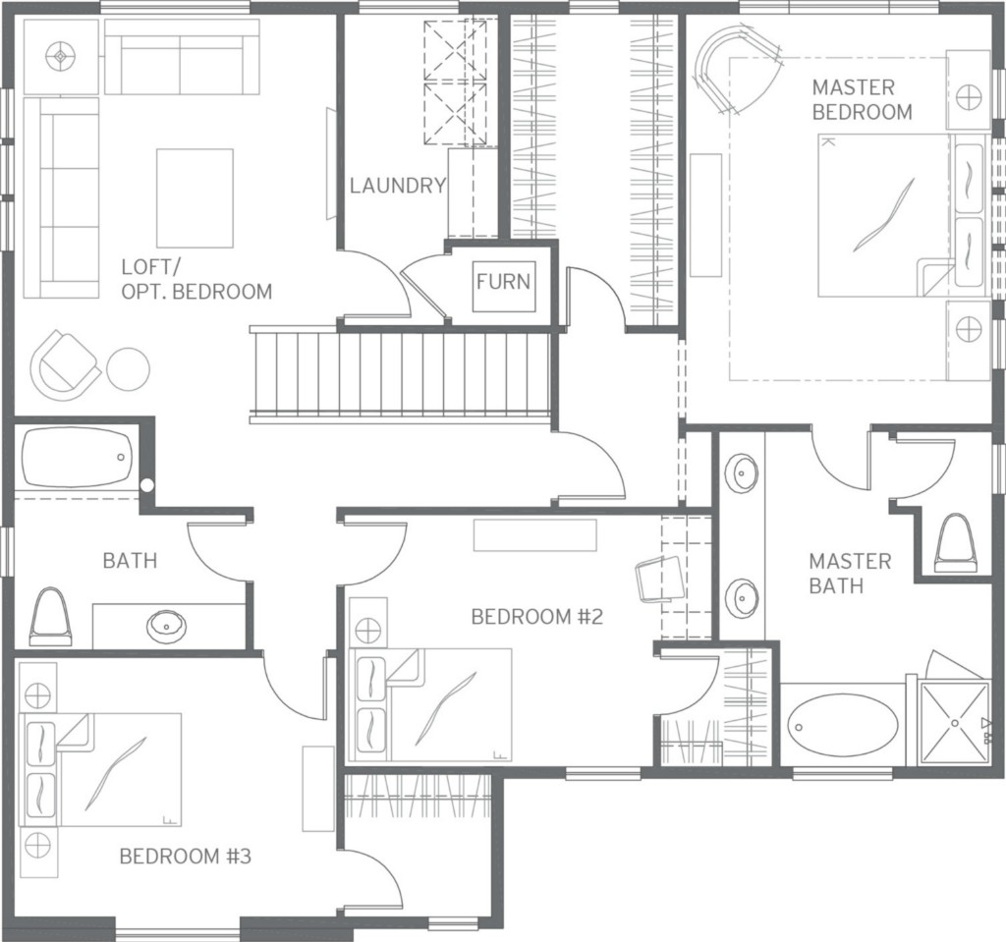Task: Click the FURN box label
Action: click(x=504, y=282)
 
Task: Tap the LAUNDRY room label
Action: click(x=398, y=186)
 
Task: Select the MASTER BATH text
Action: click(x=850, y=574)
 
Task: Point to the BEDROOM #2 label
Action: click(x=537, y=617)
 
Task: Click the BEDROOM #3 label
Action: click(x=186, y=856)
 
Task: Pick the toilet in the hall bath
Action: click(x=49, y=617)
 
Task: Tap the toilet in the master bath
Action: click(x=957, y=541)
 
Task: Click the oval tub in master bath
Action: click(x=843, y=728)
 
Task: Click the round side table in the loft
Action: click(x=128, y=369)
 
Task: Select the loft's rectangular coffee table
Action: click(x=196, y=197)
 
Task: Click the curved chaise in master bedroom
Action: click(x=738, y=70)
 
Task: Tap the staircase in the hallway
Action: click(x=402, y=374)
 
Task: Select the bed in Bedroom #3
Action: click(x=101, y=769)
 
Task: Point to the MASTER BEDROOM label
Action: click(x=862, y=99)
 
